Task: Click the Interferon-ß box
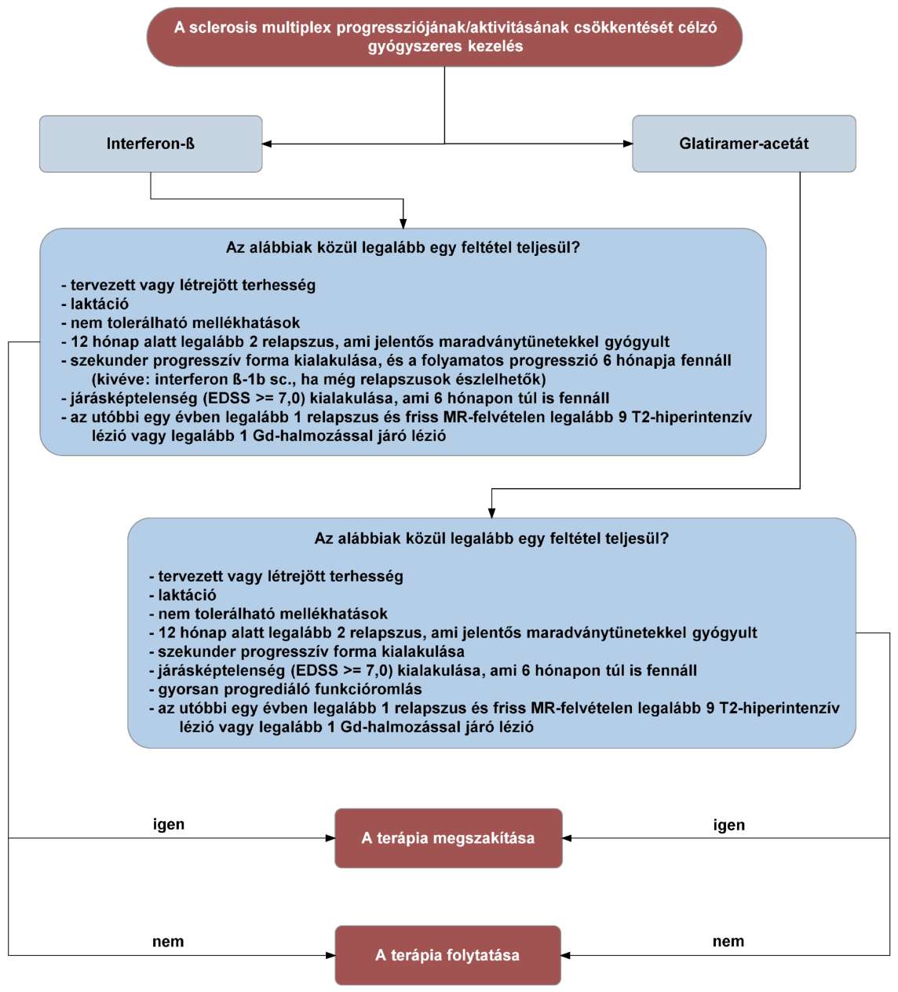(151, 144)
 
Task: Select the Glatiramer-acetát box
(744, 144)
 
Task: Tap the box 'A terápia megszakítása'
(449, 838)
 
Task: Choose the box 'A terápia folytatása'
(448, 955)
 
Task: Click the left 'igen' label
(169, 824)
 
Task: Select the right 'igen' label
(728, 825)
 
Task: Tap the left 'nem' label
(168, 942)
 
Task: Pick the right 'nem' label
(728, 942)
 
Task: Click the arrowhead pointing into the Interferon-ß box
(267, 144)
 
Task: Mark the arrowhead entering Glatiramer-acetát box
(627, 144)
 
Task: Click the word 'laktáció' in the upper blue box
(100, 304)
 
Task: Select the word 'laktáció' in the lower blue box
(187, 595)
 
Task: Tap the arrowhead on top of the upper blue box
(403, 224)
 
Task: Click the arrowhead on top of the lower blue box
(491, 513)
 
